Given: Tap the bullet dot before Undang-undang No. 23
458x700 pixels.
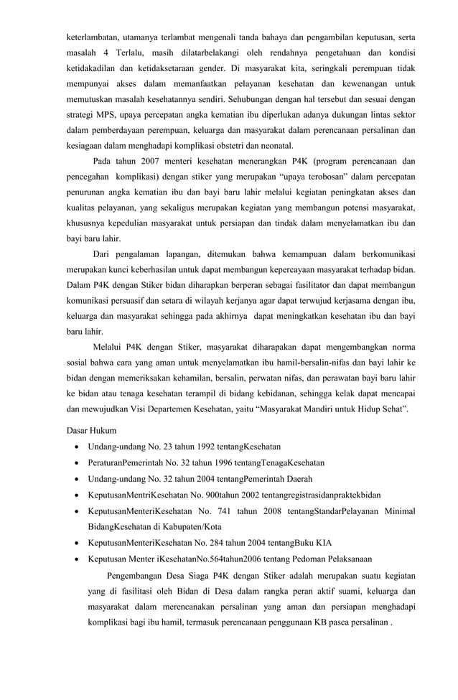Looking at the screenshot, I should click(x=77, y=447).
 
